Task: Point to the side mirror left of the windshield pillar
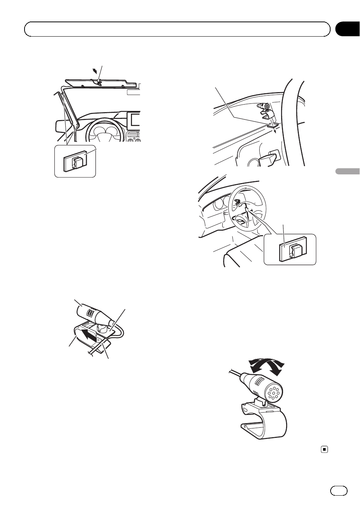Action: click(60, 126)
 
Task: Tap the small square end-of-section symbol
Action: click(324, 450)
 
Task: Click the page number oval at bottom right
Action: click(338, 490)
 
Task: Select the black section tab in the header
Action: click(347, 29)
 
